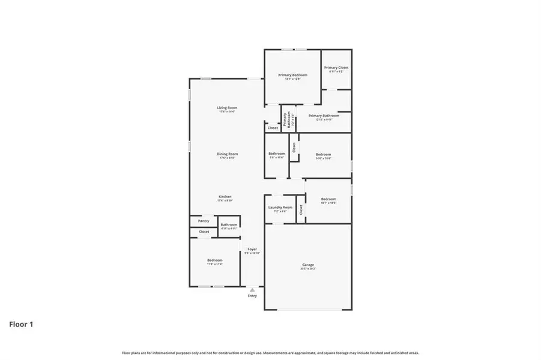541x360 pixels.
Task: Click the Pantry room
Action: point(204,221)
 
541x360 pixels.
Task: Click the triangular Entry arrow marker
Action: point(252,290)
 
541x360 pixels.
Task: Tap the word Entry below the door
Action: point(252,296)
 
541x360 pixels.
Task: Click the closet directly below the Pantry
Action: point(204,232)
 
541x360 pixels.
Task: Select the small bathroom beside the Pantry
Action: point(229,226)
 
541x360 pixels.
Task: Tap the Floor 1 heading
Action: point(21,325)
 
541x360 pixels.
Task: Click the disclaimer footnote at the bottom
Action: point(270,353)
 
